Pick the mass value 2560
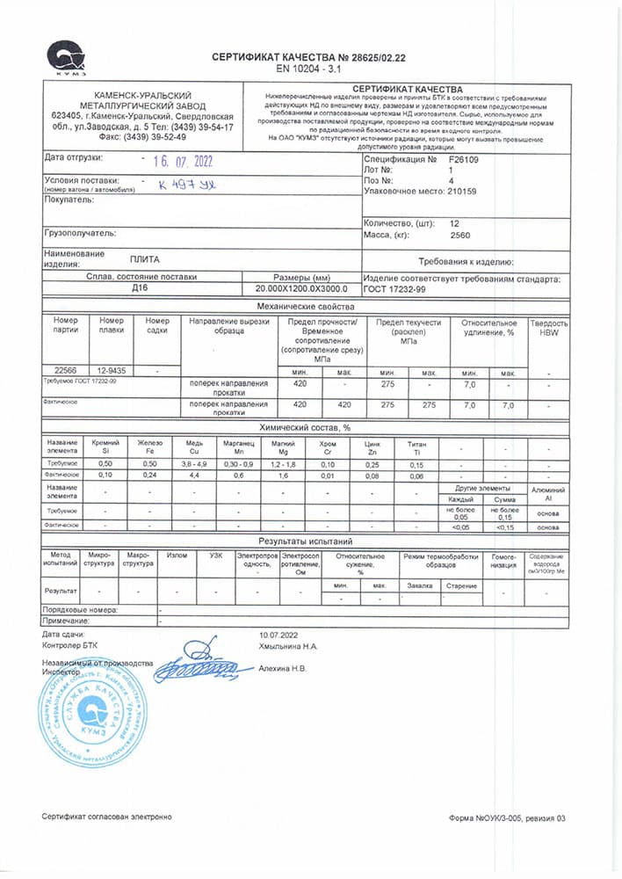pyautogui.click(x=460, y=236)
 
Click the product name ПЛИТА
pyautogui.click(x=144, y=259)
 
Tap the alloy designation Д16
pyautogui.click(x=139, y=287)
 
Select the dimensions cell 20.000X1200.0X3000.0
pyautogui.click(x=301, y=288)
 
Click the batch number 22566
pyautogui.click(x=66, y=372)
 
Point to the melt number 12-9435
pyautogui.click(x=112, y=372)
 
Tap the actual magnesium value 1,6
pyautogui.click(x=283, y=475)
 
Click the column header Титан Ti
pyautogui.click(x=416, y=446)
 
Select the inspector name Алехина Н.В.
pyautogui.click(x=282, y=668)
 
